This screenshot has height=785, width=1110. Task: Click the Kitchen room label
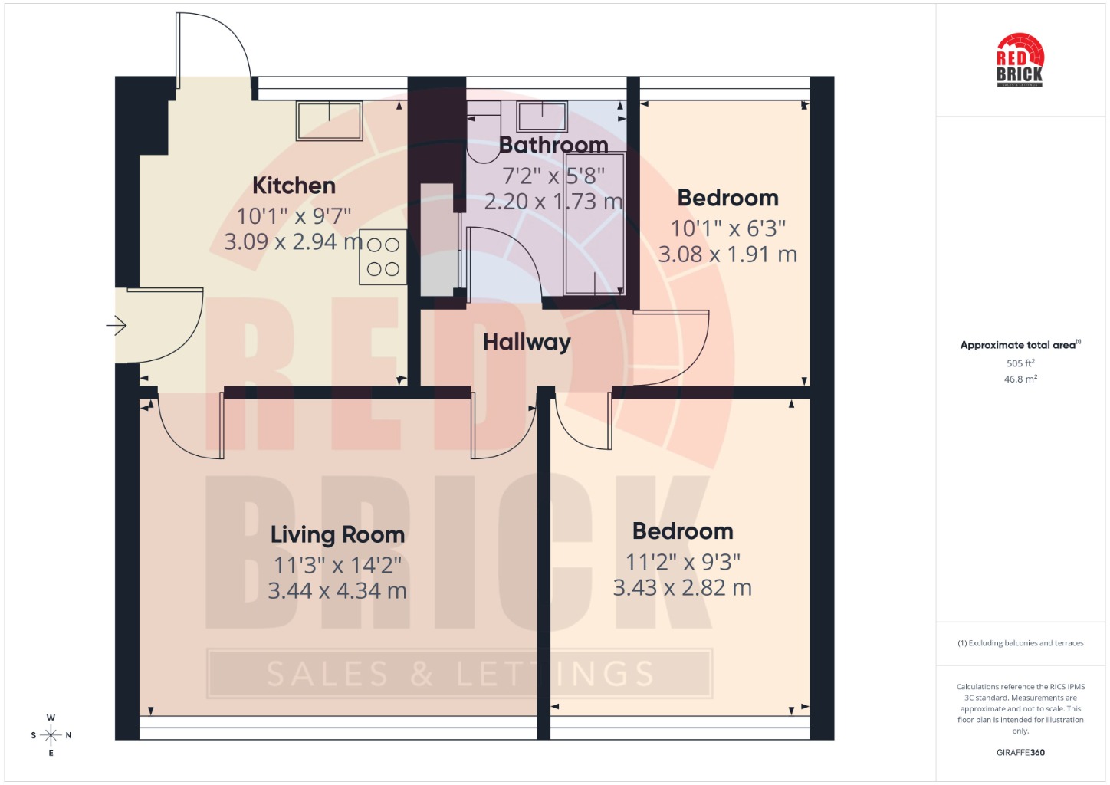pos(294,186)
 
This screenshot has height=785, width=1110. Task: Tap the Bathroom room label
pos(553,145)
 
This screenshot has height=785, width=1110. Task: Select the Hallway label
pos(527,342)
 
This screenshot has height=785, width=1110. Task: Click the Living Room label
pos(337,535)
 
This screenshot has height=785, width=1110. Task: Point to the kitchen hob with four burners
pos(383,257)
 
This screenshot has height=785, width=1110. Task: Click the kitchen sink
pos(330,121)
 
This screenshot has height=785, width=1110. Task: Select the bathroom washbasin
pos(542,117)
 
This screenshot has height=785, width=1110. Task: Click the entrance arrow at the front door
pos(117,325)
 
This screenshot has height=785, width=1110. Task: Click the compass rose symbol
pos(51,735)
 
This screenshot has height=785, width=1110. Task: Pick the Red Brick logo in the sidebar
pos(1020,61)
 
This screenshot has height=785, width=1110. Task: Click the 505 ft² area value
pos(1020,363)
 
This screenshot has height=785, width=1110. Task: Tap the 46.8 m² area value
pos(1020,379)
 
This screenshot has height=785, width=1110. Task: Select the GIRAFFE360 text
pos(1020,752)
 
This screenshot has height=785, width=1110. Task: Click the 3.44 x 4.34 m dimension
pos(337,591)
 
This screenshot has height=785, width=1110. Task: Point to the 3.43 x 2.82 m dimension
pos(683,588)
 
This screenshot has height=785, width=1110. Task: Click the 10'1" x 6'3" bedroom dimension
pos(728,228)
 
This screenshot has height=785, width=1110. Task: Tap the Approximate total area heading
pos(1020,345)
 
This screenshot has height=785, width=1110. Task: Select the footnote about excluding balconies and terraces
pos(1020,643)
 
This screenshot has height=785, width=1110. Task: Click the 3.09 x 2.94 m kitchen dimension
pos(294,241)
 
